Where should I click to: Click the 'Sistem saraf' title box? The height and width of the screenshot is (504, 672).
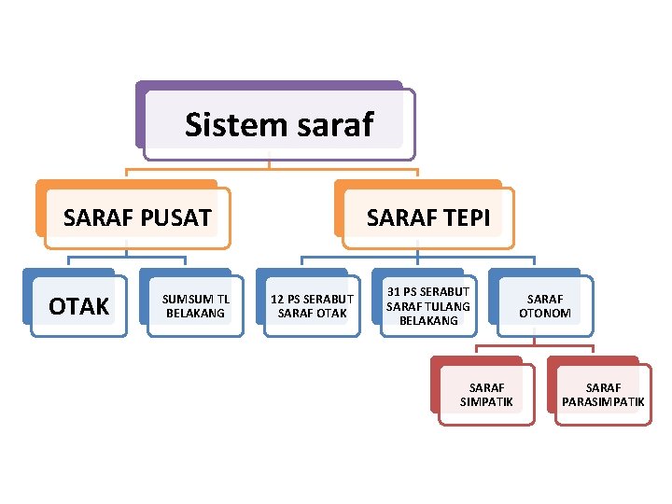pyautogui.click(x=278, y=124)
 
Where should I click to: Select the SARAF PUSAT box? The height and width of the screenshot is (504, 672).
pyautogui.click(x=137, y=218)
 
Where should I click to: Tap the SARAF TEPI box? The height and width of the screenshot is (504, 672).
pyautogui.click(x=427, y=218)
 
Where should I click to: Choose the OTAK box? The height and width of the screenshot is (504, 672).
pyautogui.click(x=78, y=306)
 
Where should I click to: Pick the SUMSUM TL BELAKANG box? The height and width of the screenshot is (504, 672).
pyautogui.click(x=196, y=306)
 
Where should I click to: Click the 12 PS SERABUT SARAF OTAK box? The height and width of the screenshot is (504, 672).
pyautogui.click(x=312, y=306)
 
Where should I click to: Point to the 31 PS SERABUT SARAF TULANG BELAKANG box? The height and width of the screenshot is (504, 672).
pyautogui.click(x=428, y=306)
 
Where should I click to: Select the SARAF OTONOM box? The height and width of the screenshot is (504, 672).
pyautogui.click(x=545, y=306)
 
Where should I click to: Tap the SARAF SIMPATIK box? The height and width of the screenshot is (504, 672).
pyautogui.click(x=486, y=395)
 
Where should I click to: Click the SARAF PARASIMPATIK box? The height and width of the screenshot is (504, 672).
pyautogui.click(x=603, y=395)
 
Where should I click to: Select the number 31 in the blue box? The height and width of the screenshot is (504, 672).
pyautogui.click(x=394, y=292)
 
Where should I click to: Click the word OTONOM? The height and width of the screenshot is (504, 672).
pyautogui.click(x=545, y=314)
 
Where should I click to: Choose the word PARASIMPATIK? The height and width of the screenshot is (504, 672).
pyautogui.click(x=603, y=402)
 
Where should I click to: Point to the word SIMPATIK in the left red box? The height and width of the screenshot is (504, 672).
pyautogui.click(x=486, y=402)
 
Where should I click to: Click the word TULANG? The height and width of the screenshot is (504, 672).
pyautogui.click(x=450, y=306)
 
